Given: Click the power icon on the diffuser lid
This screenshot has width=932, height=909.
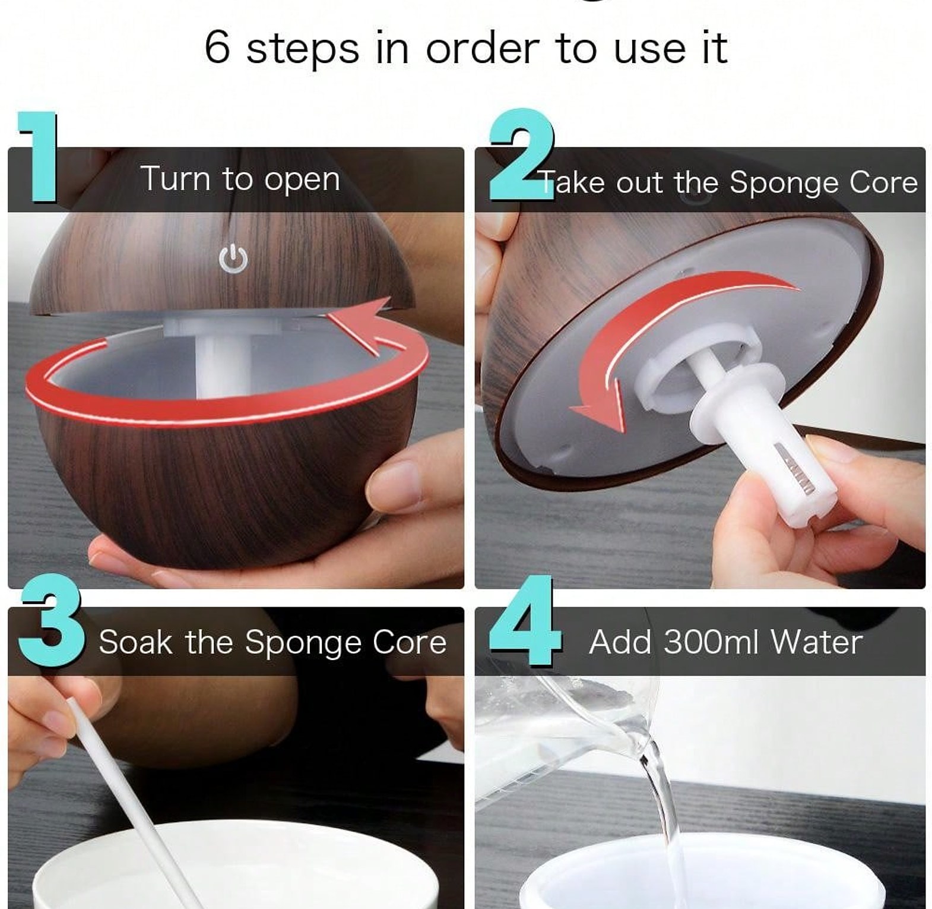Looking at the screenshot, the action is [x=233, y=259].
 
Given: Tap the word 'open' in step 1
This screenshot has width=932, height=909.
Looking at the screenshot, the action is [x=302, y=180].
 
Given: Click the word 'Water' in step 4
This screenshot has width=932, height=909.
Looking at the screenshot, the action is [x=816, y=642].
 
